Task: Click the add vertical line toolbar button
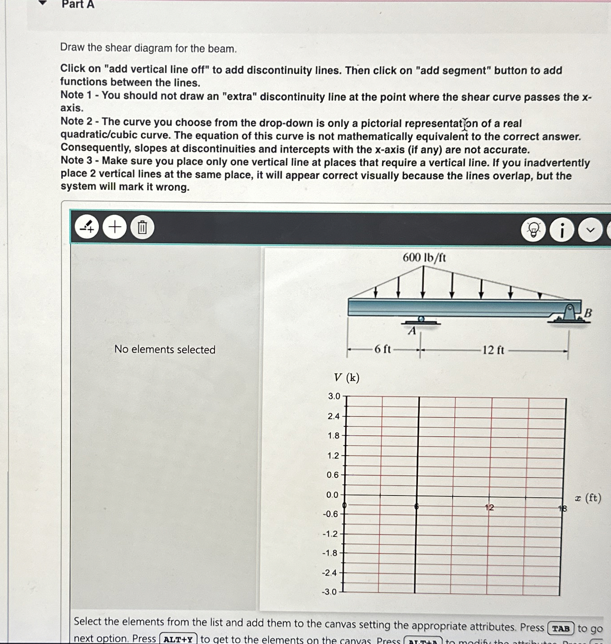click(x=87, y=228)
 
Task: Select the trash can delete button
click(x=142, y=228)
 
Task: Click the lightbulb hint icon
click(x=533, y=230)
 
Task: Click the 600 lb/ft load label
click(x=424, y=258)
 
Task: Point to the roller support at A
click(x=421, y=320)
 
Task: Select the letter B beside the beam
click(x=588, y=313)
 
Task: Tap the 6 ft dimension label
click(x=382, y=349)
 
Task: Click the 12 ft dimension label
click(x=493, y=350)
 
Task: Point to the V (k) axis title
click(x=346, y=377)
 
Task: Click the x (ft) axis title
click(x=588, y=498)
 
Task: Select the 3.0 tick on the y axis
click(x=334, y=396)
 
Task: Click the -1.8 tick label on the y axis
click(x=330, y=553)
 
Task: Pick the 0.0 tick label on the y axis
click(x=332, y=495)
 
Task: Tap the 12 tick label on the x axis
click(x=489, y=507)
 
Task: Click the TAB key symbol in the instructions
click(x=560, y=628)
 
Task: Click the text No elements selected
click(x=165, y=349)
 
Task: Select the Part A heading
click(x=78, y=4)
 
